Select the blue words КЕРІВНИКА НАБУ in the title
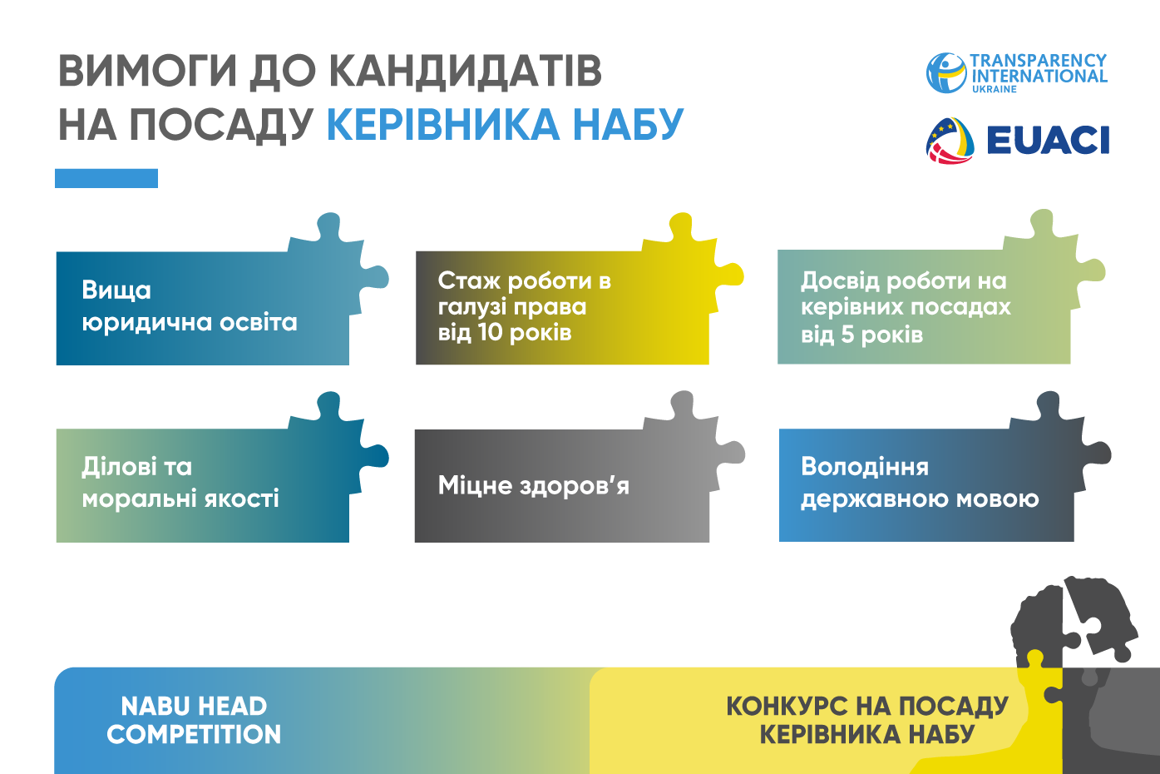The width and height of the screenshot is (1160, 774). click(x=506, y=125)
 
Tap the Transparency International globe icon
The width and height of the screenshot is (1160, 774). click(x=946, y=73)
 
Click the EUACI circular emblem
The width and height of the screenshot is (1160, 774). click(x=950, y=141)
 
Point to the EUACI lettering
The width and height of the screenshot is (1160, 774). click(x=1048, y=140)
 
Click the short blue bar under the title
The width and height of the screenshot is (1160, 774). click(x=106, y=178)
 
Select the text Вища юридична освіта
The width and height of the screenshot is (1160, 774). click(x=190, y=306)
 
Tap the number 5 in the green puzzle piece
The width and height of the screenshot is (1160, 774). click(x=847, y=335)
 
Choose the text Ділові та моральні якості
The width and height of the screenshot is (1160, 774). click(x=180, y=483)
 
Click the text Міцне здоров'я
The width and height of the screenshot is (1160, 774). click(x=533, y=486)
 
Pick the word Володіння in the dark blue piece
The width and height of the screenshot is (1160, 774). click(x=865, y=467)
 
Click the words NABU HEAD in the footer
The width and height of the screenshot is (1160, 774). click(x=194, y=706)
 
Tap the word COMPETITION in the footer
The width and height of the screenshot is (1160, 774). click(x=194, y=735)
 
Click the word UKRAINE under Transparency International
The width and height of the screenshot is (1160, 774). click(x=995, y=89)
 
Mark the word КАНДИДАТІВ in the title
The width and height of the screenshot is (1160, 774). click(x=465, y=71)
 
